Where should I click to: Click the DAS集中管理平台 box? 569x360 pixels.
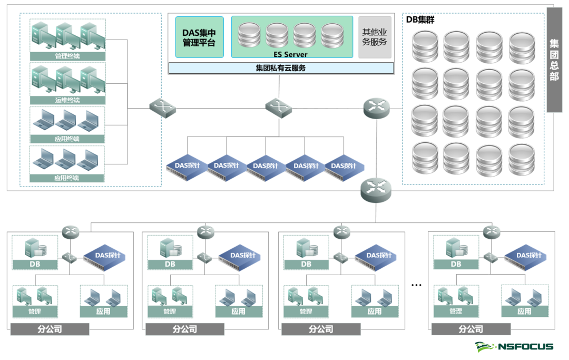[x=199, y=37]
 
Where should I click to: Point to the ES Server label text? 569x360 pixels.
[x=291, y=54]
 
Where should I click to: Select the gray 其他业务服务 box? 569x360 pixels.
[x=375, y=37]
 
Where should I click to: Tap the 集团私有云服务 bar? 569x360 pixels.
[x=281, y=68]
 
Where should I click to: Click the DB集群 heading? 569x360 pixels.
[x=420, y=20]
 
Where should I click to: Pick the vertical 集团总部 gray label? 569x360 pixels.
[x=554, y=60]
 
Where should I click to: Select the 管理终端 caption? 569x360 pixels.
[x=67, y=56]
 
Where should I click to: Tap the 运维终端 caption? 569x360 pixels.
[x=67, y=100]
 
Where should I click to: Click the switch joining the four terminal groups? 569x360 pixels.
[x=162, y=108]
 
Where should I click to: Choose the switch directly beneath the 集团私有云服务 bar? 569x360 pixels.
[x=278, y=108]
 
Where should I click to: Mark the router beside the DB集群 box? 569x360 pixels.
[x=377, y=108]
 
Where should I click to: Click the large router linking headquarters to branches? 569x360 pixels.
[x=376, y=189]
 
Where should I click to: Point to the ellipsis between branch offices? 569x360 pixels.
[x=416, y=285]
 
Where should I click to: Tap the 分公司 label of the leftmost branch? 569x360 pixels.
[x=50, y=329]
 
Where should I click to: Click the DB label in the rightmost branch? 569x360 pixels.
[x=456, y=264]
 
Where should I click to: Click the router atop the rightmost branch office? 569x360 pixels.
[x=492, y=231]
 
